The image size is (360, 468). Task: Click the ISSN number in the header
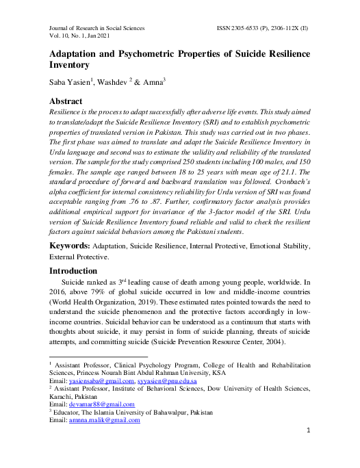pos(262,29)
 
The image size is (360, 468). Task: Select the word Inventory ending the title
pos(69,65)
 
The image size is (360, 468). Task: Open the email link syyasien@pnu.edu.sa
pos(168,380)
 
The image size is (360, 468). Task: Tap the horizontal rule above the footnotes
pos(99,356)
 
